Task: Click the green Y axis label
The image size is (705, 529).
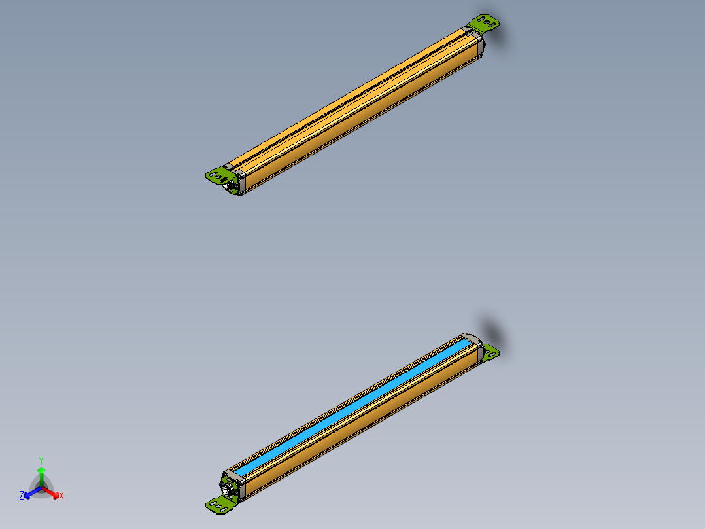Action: [x=41, y=460]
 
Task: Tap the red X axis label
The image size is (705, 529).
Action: [x=61, y=496]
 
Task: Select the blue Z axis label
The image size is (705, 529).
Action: [x=22, y=496]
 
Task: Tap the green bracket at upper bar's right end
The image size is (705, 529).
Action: [x=487, y=24]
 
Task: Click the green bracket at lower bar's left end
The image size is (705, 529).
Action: [x=220, y=503]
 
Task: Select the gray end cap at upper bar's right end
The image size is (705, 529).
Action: [x=477, y=41]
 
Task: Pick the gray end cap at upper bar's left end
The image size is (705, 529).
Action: [x=237, y=179]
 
